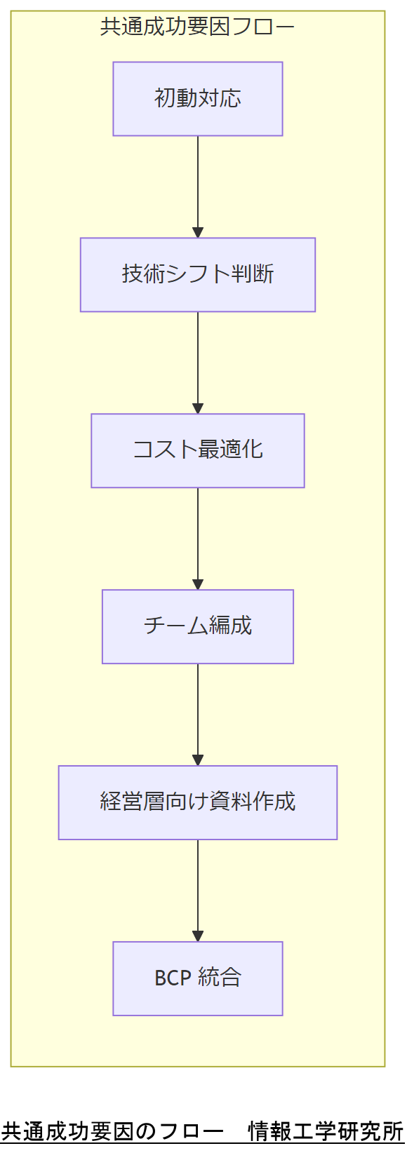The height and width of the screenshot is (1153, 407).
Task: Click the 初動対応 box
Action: [x=197, y=99]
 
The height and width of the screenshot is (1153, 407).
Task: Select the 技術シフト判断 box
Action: [x=197, y=275]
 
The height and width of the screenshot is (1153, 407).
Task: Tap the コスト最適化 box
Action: [x=197, y=451]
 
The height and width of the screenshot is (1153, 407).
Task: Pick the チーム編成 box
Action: [x=197, y=627]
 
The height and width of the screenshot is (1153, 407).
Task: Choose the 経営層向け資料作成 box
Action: [x=197, y=803]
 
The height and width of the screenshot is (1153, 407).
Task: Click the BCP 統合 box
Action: [x=197, y=979]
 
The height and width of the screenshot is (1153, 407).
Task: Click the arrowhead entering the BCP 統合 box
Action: [x=198, y=936]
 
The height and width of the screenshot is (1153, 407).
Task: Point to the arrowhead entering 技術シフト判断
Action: [x=198, y=233]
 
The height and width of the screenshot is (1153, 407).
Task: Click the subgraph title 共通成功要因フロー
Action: [x=197, y=27]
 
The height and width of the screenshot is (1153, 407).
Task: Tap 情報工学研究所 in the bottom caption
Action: [x=326, y=1132]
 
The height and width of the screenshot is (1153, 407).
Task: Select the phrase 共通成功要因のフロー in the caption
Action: [x=112, y=1132]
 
